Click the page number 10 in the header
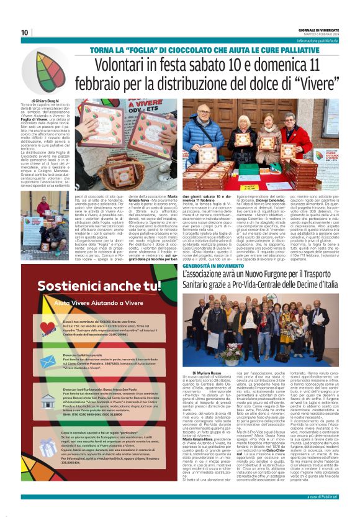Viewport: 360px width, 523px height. coord(24,32)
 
